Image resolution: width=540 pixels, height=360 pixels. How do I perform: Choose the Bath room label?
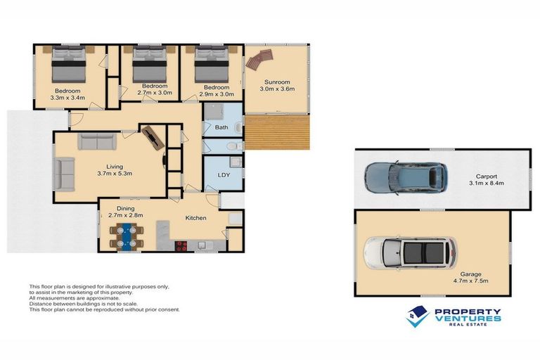(x=221, y=127)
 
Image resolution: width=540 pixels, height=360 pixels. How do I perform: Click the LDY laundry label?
(x=224, y=174)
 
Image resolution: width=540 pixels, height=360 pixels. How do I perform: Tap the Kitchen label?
(x=195, y=218)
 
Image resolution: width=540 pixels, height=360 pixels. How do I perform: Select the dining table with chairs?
(x=127, y=236)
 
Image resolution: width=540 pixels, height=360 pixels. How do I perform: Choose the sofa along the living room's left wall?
(x=65, y=174)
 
